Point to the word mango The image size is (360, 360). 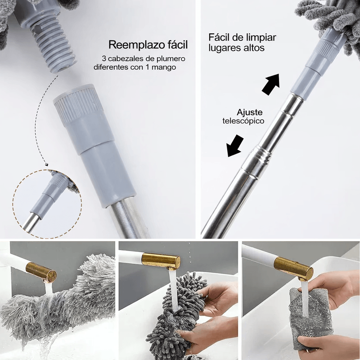click(165, 67)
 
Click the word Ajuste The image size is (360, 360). click(250, 112)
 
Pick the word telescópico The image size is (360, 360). click(243, 121)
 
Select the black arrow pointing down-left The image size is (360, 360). click(234, 146)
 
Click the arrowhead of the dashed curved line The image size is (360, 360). click(47, 164)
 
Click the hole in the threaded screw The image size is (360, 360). click(38, 29)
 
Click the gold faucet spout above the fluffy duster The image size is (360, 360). click(41, 273)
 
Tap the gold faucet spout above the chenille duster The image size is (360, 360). click(161, 261)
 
